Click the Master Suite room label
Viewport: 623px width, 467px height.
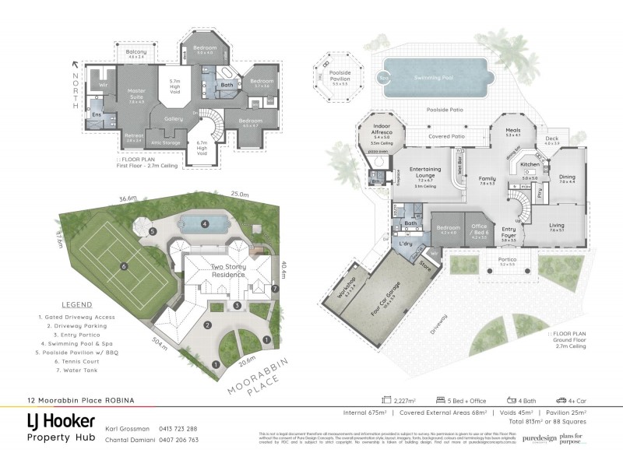click(136, 93)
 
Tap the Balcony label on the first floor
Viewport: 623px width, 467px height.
click(136, 52)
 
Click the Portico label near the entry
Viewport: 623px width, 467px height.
click(508, 261)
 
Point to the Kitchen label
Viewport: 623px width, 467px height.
click(530, 165)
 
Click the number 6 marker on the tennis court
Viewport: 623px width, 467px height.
click(123, 267)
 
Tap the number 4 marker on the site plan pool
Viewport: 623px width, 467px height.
click(205, 223)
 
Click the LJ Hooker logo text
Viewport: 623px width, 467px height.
click(56, 422)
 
